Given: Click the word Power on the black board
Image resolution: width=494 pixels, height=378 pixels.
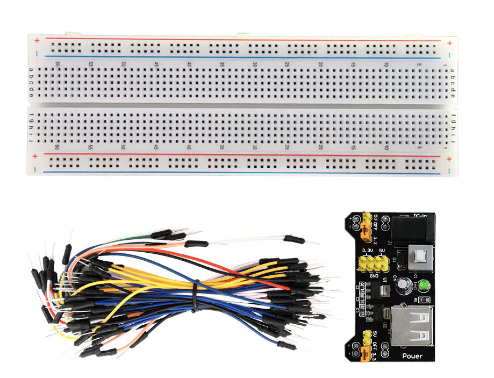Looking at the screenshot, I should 412,356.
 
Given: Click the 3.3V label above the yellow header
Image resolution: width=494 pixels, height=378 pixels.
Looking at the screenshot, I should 368,251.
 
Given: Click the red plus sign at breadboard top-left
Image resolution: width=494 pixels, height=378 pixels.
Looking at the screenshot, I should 36,41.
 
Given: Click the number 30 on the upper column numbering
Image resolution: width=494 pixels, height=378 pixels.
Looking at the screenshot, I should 255,65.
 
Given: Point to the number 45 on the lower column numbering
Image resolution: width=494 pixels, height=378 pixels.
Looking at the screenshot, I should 156,147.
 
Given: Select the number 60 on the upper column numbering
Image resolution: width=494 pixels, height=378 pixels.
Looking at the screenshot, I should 57,65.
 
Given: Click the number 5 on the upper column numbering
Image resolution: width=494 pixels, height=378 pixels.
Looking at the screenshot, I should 418,65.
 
